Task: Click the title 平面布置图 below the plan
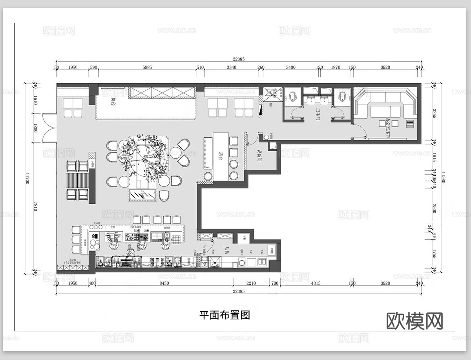click(225, 315)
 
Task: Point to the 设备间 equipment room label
click(259, 155)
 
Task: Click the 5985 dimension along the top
click(147, 67)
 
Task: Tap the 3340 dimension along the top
click(232, 67)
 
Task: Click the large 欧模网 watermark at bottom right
click(414, 321)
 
